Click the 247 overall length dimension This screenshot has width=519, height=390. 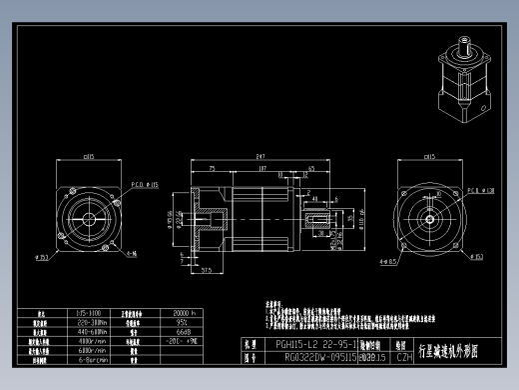coord(261,157)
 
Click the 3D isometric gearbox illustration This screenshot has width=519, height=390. coord(461,74)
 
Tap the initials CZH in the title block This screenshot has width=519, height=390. coord(404,355)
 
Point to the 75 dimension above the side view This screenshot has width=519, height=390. coord(213,169)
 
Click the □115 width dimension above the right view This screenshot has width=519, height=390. coord(433,157)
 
